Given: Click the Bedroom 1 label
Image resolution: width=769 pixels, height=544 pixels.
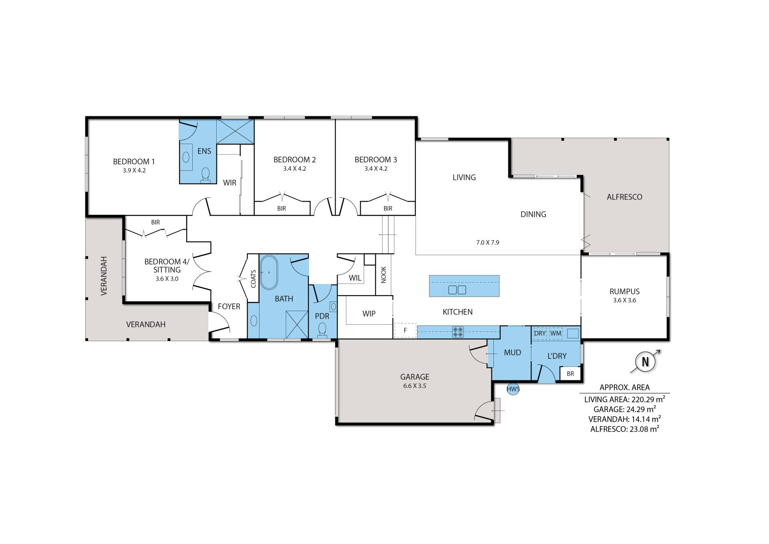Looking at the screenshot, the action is coord(134,162).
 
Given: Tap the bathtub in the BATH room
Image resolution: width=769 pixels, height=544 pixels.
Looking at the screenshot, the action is coord(269,273).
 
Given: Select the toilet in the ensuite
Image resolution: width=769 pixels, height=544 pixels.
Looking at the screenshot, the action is coord(205,175).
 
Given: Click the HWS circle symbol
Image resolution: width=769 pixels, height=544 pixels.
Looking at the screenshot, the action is coord(513,389).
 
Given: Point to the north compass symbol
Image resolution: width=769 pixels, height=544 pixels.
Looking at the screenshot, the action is coord(645,362).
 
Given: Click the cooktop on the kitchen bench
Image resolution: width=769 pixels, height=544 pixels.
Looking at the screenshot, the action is coord(458,332).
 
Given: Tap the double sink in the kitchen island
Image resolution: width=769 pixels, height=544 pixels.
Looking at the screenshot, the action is coord(457,290).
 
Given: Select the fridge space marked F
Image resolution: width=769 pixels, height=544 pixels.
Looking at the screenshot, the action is coord(405,330).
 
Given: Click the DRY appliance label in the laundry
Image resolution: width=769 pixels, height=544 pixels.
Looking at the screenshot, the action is coord(540,333).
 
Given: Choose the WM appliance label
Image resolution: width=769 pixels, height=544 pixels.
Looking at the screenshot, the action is coord(556,333).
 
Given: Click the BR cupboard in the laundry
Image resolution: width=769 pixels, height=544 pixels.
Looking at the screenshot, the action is coord(570,374).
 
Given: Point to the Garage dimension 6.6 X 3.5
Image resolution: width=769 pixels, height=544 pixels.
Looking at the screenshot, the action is coord(415,386).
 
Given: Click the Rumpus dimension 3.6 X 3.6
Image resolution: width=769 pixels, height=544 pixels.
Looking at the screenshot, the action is coord(624,300).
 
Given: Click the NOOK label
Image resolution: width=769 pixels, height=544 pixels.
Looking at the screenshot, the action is coord(384,275).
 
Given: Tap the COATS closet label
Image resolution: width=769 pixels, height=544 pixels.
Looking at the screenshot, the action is coord(253,279).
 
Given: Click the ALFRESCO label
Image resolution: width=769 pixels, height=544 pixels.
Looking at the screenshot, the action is coord(624,197).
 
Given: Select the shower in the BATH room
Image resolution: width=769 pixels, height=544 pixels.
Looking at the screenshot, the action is coord(297,324).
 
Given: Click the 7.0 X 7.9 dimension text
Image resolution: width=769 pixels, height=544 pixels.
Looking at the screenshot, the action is coord(487,243).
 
